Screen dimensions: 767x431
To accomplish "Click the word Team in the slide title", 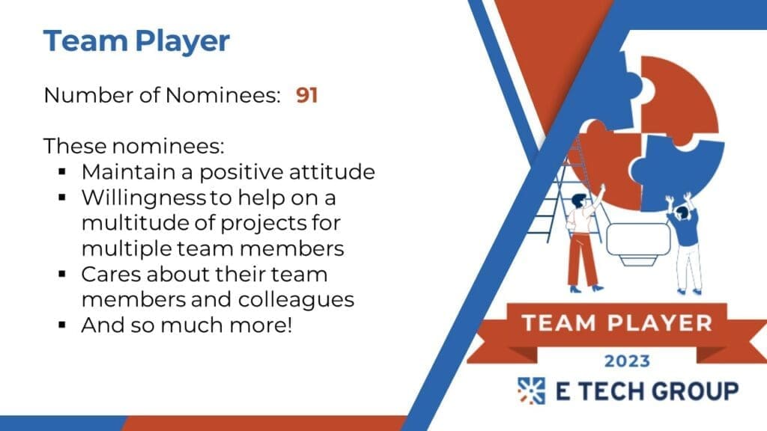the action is tap(85, 40).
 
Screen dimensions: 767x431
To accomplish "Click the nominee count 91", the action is tap(306, 95).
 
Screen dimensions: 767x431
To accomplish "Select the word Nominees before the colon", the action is tap(222, 95).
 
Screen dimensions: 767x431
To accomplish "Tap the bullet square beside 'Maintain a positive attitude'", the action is tap(61, 171).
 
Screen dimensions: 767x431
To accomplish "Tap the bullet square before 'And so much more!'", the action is tap(61, 325).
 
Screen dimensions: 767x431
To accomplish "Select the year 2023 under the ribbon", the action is tap(627, 361).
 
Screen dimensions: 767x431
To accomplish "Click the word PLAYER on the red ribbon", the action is tap(660, 323).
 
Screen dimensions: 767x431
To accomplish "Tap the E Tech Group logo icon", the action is tap(532, 391).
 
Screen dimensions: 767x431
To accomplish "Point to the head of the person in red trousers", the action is tap(580, 200).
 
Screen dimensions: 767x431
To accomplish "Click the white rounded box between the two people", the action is tap(638, 239).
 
